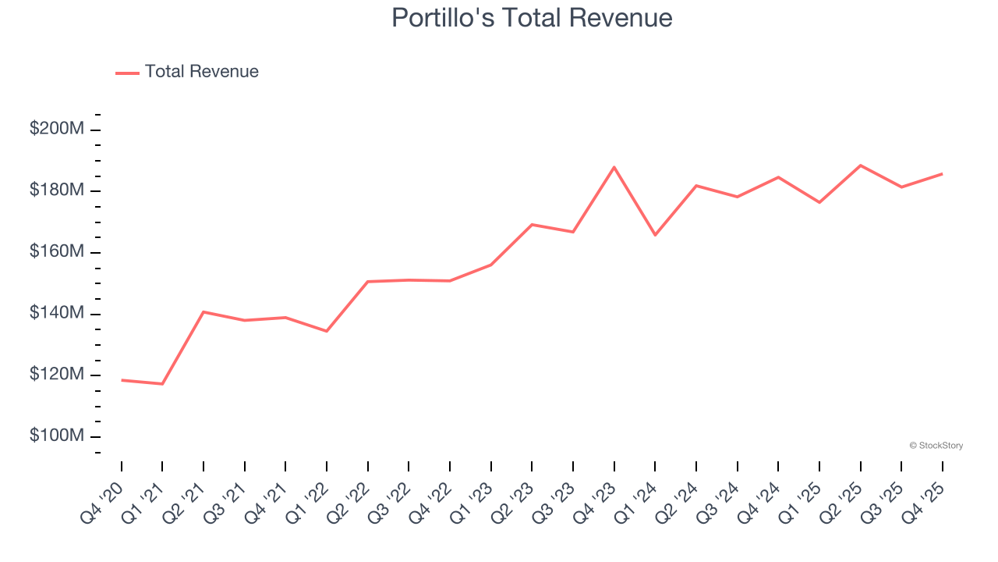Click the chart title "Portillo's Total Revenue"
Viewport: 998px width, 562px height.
click(x=532, y=17)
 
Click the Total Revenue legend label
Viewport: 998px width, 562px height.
click(x=201, y=72)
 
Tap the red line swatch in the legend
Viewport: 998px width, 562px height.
click(x=127, y=73)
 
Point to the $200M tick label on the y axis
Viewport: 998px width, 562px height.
click(x=57, y=129)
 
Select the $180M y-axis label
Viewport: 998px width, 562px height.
click(x=57, y=190)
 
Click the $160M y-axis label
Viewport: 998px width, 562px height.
click(x=57, y=252)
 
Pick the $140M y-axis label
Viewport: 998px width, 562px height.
click(x=57, y=313)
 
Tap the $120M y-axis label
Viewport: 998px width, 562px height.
click(x=57, y=375)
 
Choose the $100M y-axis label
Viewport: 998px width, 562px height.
click(x=57, y=436)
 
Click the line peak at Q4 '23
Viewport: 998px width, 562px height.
click(x=614, y=167)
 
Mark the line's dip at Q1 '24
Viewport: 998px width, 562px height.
click(x=655, y=235)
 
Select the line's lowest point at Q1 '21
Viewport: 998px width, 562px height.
click(x=162, y=384)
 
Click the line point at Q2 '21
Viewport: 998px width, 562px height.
click(x=203, y=311)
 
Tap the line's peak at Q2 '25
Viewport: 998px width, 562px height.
click(x=860, y=165)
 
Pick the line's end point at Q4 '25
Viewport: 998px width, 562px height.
click(x=942, y=174)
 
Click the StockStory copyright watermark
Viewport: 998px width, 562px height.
click(x=936, y=446)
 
